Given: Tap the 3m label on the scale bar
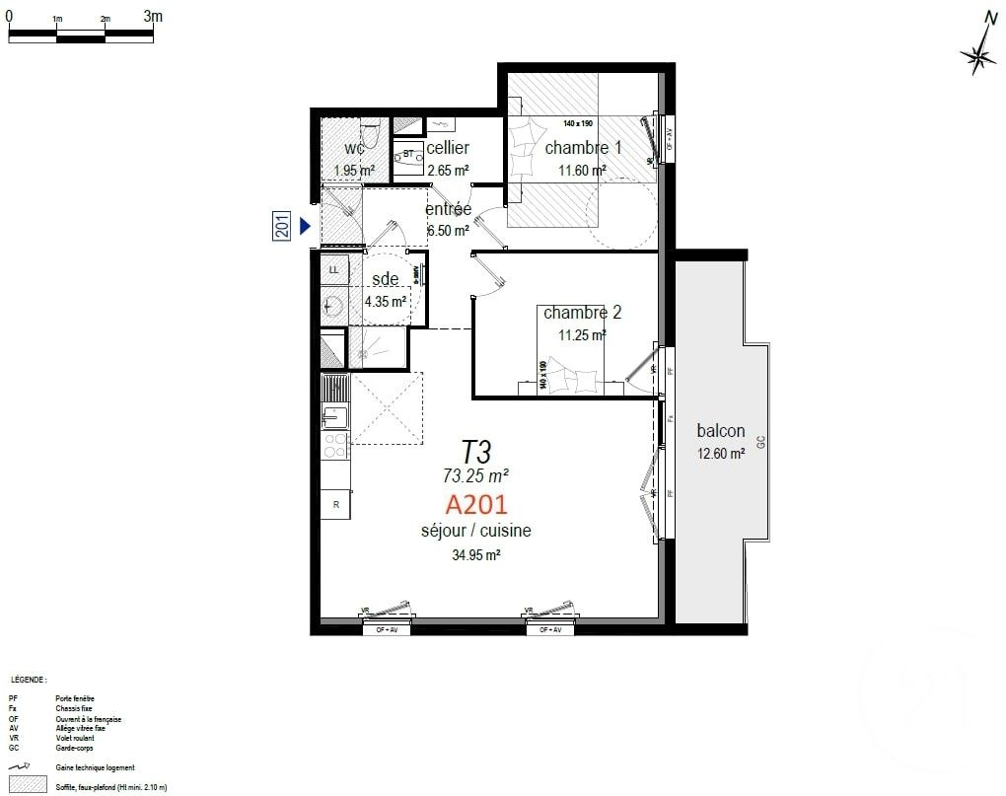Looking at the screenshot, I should click(x=153, y=16).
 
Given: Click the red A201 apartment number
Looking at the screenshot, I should click(x=476, y=505).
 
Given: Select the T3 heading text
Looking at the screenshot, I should click(x=476, y=452).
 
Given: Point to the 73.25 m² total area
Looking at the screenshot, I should click(x=476, y=475).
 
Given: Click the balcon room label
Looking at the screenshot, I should click(x=720, y=431).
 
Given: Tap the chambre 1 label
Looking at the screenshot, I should click(x=583, y=147).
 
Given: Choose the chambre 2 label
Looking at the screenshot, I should click(x=582, y=313).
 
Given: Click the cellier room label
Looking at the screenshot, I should click(x=448, y=148).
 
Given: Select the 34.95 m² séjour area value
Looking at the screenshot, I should click(x=475, y=554).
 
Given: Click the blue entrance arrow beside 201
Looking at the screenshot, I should click(x=305, y=226).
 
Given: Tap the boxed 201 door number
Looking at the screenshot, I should click(x=280, y=226).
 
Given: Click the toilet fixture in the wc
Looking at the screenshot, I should click(x=370, y=132).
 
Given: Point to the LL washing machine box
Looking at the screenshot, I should click(x=333, y=269).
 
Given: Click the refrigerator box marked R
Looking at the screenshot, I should click(x=336, y=503).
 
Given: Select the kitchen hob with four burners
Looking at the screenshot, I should click(x=335, y=446).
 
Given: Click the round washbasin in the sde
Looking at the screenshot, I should click(x=333, y=307).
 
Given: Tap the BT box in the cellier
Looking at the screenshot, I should click(x=408, y=155).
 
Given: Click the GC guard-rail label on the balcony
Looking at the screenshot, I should click(x=760, y=443).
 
